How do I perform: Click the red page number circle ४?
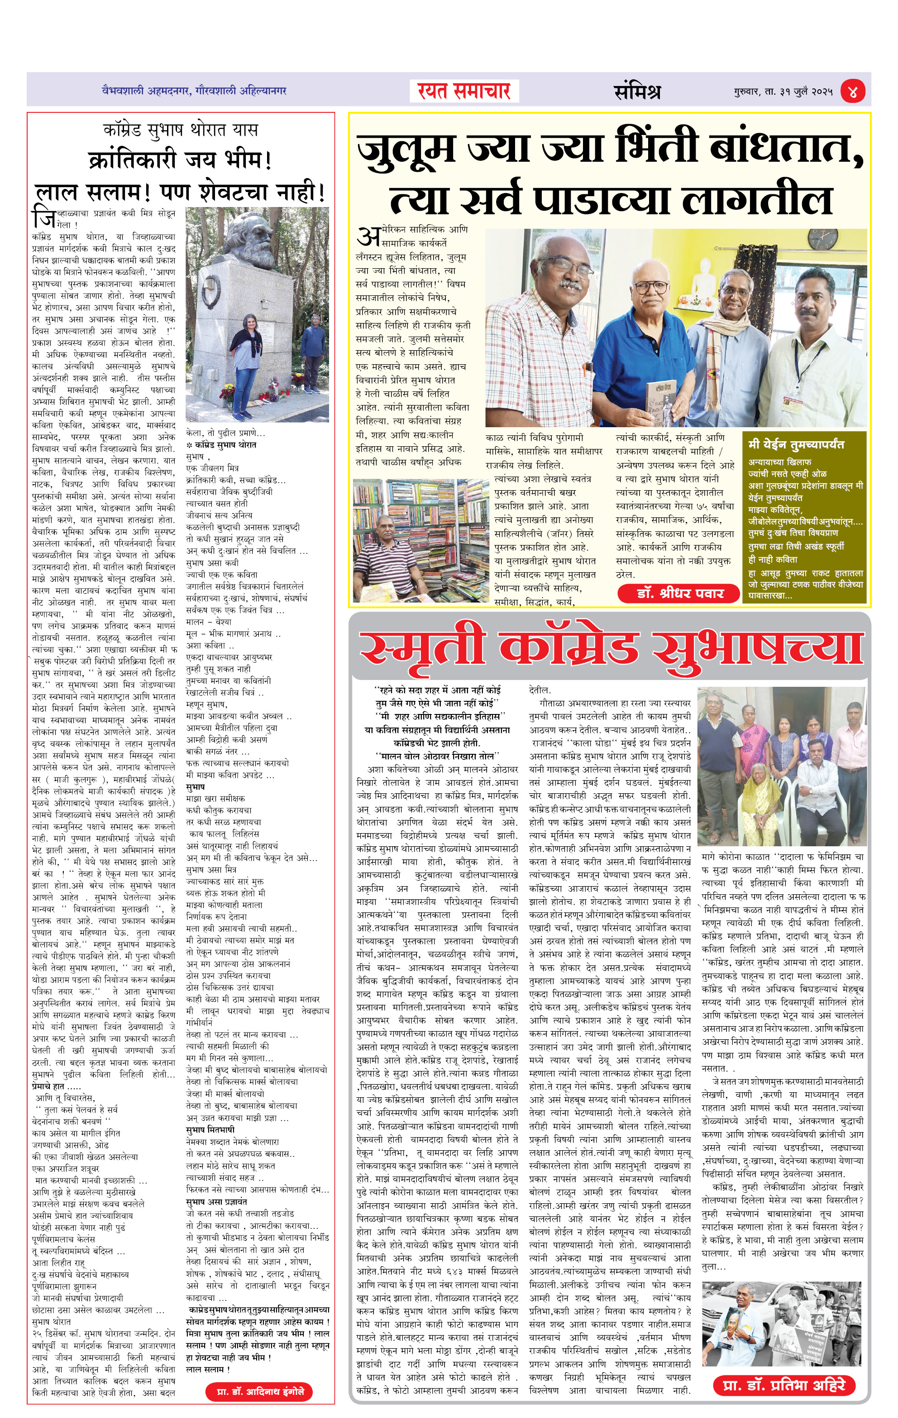[x=853, y=91]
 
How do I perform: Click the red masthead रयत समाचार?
[x=464, y=91]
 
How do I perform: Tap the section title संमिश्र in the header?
[x=637, y=91]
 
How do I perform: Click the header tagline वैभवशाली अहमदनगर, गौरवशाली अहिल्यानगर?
[x=194, y=91]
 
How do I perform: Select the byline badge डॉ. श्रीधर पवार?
[x=678, y=593]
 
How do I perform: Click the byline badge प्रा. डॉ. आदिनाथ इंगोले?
[x=259, y=1392]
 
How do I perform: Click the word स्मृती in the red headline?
[x=421, y=648]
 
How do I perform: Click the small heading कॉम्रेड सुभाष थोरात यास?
[x=180, y=130]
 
